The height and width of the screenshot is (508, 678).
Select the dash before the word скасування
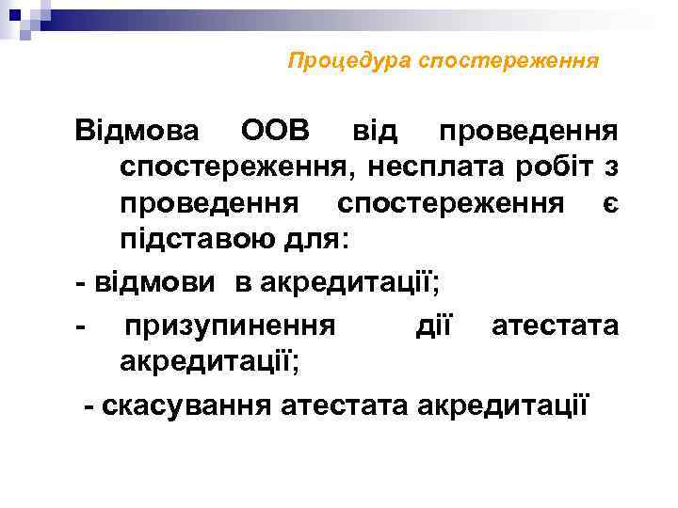pos(89,405)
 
